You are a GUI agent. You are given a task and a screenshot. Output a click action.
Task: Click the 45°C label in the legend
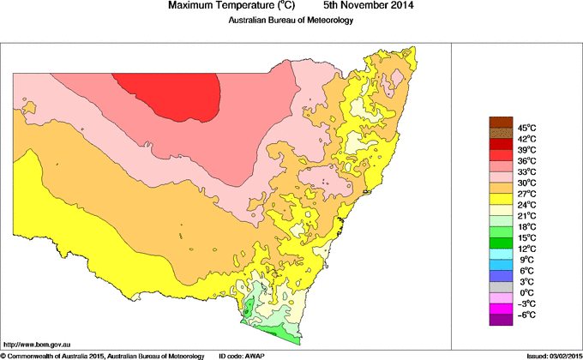tap(525, 128)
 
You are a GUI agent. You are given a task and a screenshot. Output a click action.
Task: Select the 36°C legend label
tap(525, 161)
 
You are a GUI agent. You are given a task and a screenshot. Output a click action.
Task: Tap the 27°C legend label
tap(525, 195)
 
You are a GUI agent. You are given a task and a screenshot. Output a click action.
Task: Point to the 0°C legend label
tap(525, 293)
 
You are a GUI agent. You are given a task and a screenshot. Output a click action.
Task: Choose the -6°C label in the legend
tap(525, 315)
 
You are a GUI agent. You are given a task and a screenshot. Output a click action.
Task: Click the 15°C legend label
tap(525, 237)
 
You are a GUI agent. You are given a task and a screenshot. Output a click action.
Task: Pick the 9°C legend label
tap(525, 260)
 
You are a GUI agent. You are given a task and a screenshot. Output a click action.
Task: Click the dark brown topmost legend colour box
tap(501, 122)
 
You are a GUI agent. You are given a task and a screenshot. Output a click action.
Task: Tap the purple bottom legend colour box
tap(501, 320)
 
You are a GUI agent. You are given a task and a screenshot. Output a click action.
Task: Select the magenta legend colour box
tap(501, 309)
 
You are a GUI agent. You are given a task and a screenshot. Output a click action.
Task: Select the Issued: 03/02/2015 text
tap(549, 355)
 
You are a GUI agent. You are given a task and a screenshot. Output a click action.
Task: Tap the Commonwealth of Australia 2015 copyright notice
tap(102, 355)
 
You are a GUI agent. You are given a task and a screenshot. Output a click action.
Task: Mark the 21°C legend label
tap(525, 216)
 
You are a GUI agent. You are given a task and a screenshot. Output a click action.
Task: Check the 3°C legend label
tap(525, 282)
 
